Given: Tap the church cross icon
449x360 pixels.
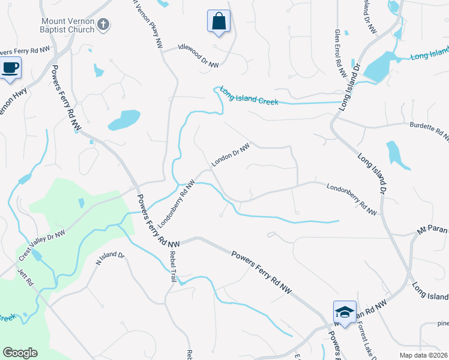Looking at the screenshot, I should pos(104,25).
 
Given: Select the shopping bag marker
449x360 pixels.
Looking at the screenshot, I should pos(218,22).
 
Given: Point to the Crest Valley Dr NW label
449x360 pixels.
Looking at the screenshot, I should pos(41,246).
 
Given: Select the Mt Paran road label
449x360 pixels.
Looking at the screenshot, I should pos(433,229).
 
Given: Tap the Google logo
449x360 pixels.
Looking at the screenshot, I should pos(20,353).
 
